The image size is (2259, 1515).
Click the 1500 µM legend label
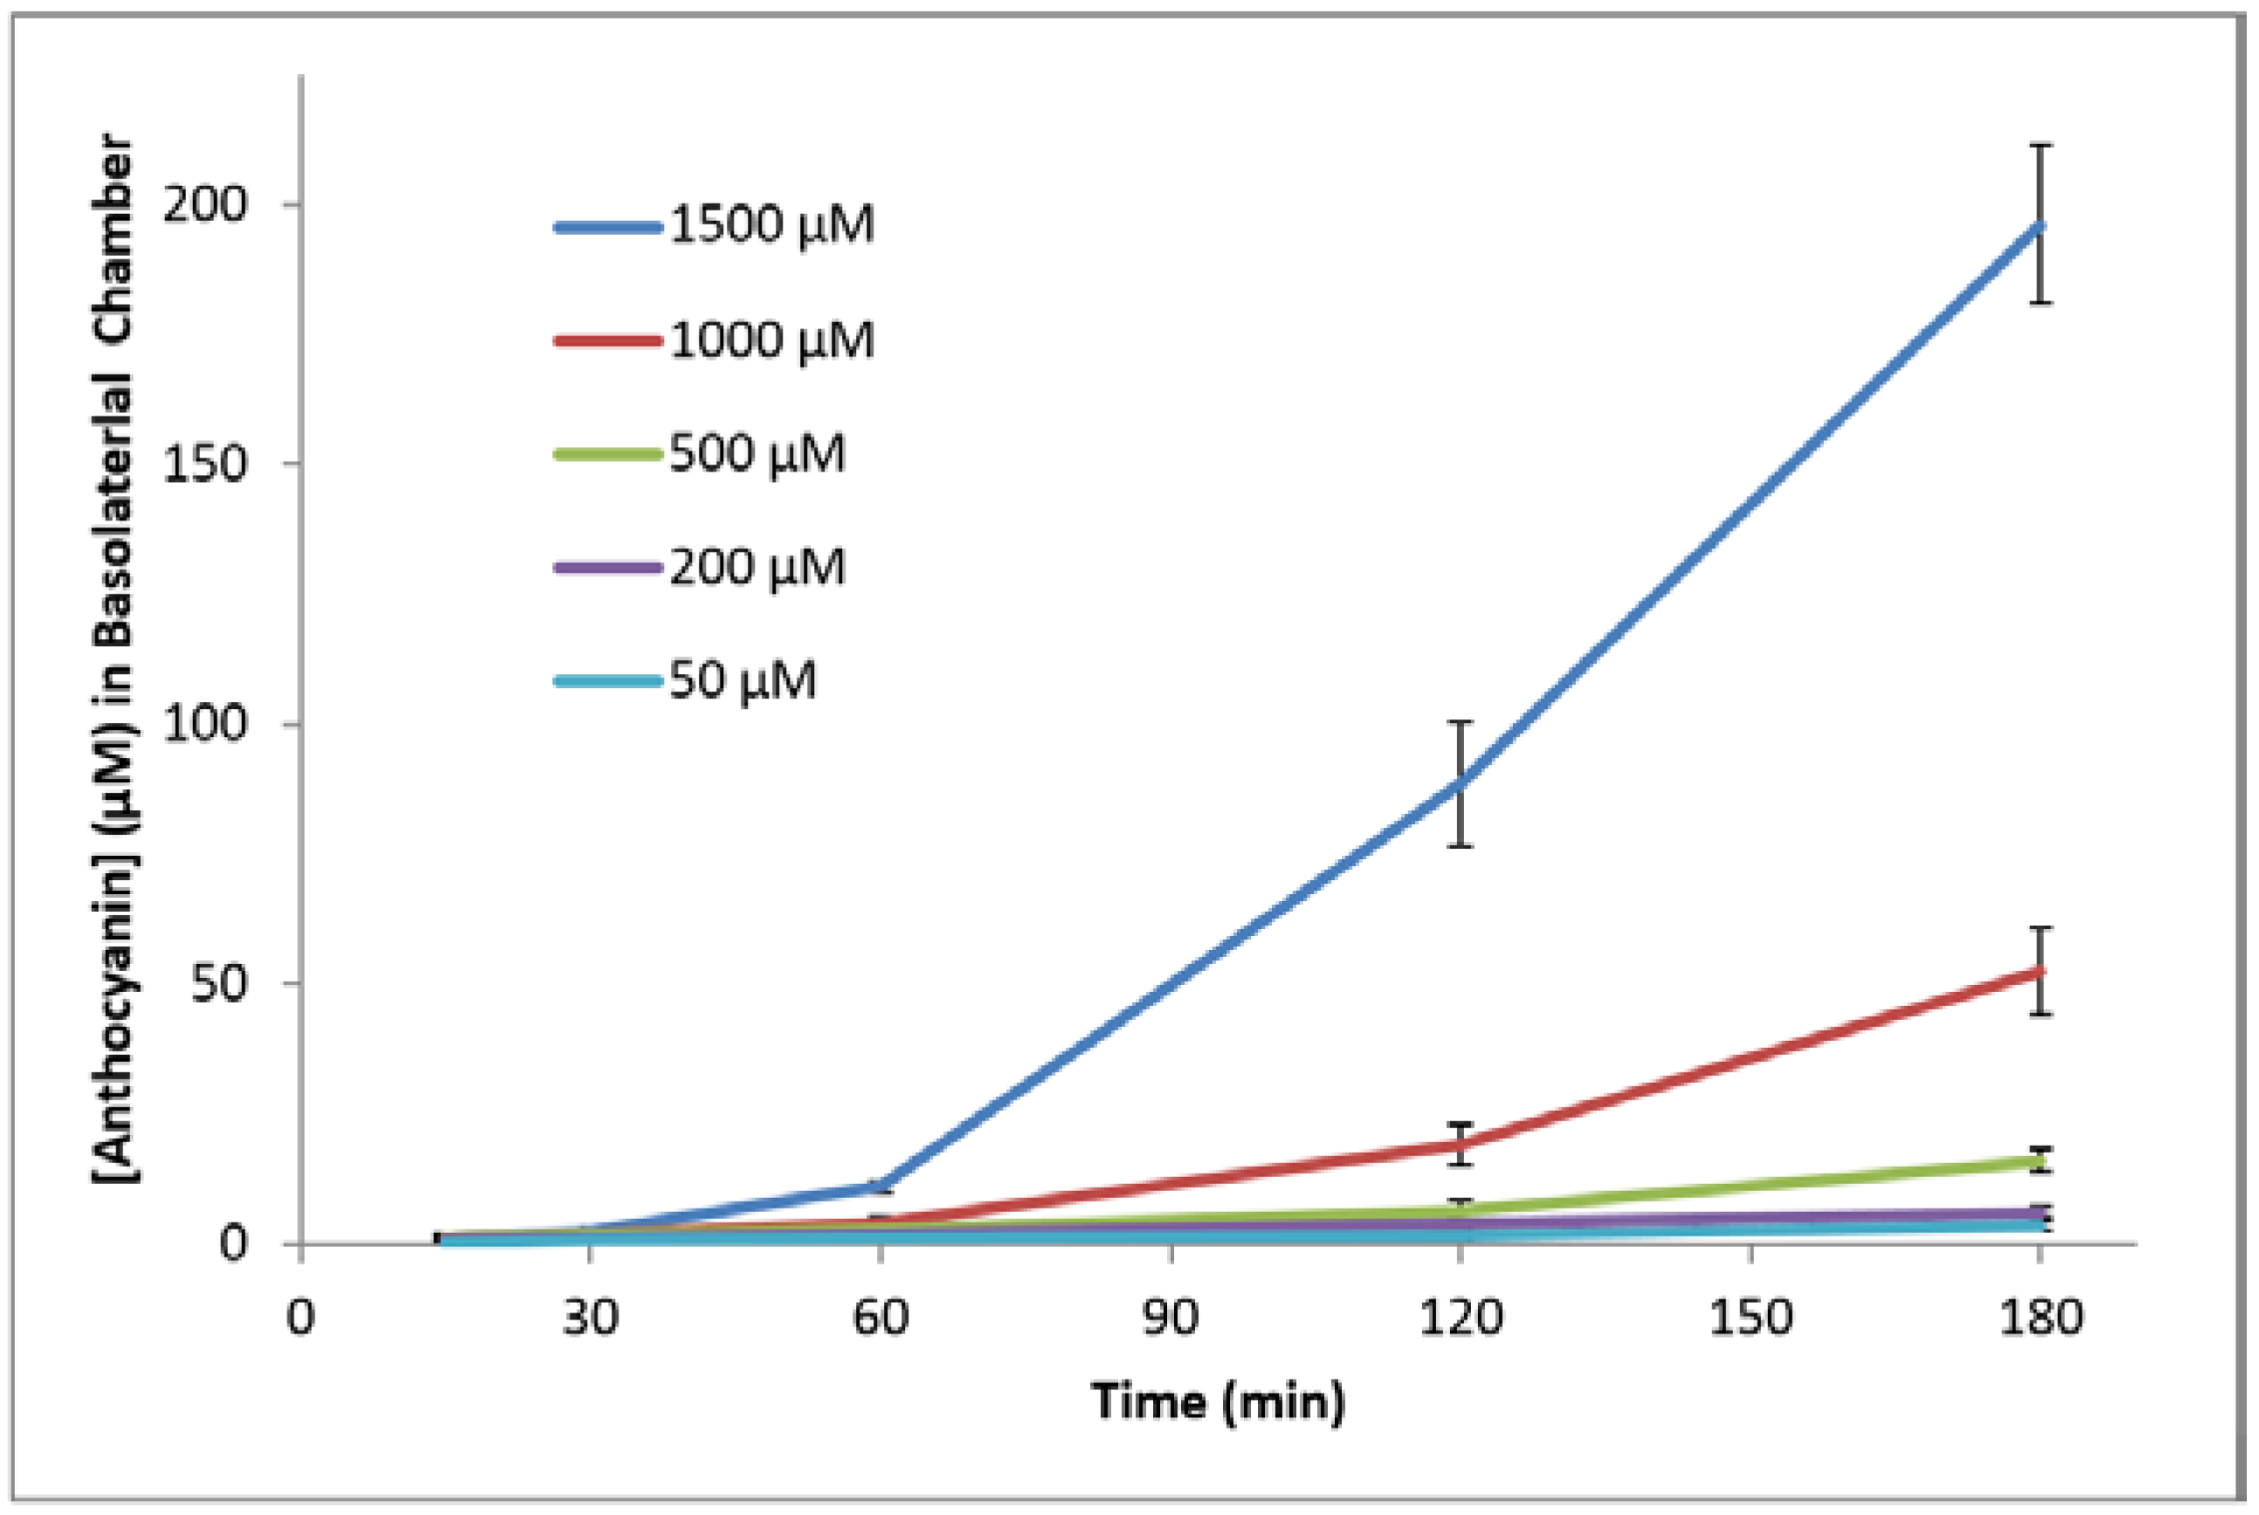click(x=770, y=225)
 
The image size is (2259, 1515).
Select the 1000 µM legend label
click(x=770, y=340)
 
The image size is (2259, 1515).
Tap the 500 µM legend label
click(x=756, y=453)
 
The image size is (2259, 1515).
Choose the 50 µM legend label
click(x=742, y=681)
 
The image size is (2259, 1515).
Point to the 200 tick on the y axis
click(x=205, y=203)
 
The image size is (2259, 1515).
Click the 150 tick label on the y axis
click(x=205, y=464)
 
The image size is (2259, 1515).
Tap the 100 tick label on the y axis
click(x=205, y=724)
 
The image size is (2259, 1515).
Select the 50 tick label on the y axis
click(x=219, y=983)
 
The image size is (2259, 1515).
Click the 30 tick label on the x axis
click(x=590, y=1317)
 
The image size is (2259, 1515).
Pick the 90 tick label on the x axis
click(x=1170, y=1317)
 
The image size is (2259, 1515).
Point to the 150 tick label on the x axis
click(x=1750, y=1317)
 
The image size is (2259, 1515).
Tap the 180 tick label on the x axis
click(x=2040, y=1317)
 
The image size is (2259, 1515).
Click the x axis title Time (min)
click(x=1218, y=1401)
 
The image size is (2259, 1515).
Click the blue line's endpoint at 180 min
click(x=2040, y=226)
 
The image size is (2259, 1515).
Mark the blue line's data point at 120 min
click(x=1460, y=782)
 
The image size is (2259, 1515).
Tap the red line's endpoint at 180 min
click(x=2040, y=971)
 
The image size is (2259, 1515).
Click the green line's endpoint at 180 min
click(x=2040, y=1160)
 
